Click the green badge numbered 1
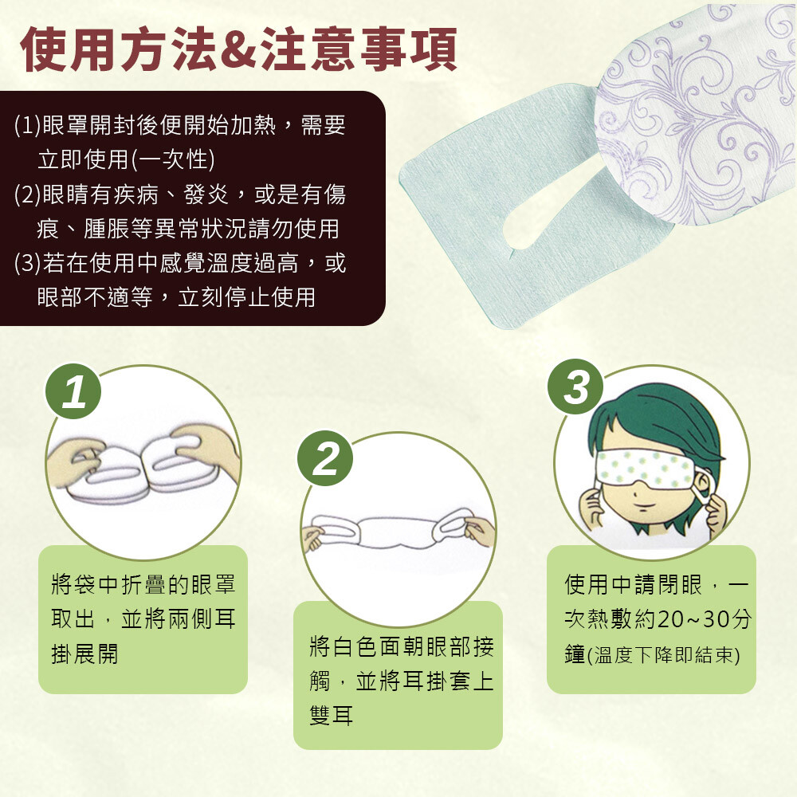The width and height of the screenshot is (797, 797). [x=73, y=391]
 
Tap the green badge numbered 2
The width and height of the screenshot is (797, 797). [x=325, y=458]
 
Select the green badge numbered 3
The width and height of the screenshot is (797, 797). [x=575, y=387]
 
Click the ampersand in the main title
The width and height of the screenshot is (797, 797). [x=241, y=49]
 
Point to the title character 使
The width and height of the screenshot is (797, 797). [x=43, y=49]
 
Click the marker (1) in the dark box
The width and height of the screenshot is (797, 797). [x=27, y=125]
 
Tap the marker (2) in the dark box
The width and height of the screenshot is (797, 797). [x=27, y=194]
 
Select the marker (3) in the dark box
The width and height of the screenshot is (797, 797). [x=27, y=263]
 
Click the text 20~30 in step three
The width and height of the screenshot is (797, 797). [x=693, y=619]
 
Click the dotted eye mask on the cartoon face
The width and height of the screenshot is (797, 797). [x=646, y=468]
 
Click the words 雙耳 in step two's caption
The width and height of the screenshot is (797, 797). [x=331, y=716]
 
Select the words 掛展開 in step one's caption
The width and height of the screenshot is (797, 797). [x=85, y=654]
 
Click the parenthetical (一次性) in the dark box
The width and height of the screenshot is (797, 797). [x=173, y=159]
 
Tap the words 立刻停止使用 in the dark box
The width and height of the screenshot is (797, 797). [x=246, y=297]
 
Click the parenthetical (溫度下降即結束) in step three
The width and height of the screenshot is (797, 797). [x=663, y=654]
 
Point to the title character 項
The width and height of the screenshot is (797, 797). [x=434, y=49]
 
